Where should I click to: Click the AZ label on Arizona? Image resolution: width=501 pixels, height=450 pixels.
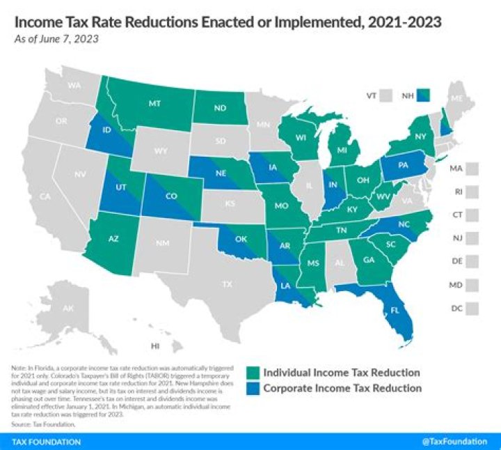(x=114, y=239)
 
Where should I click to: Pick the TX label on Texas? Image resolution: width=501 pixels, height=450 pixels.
(x=227, y=284)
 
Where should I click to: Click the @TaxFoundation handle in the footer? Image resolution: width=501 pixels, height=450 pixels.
(x=456, y=442)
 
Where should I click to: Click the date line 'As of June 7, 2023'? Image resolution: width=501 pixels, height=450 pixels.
(x=56, y=38)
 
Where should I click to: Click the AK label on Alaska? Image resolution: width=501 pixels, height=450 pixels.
(x=67, y=309)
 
